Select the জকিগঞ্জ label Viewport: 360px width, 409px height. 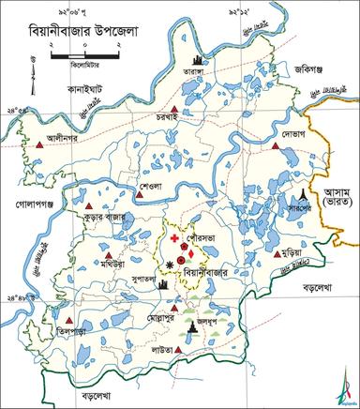pos(285,68)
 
